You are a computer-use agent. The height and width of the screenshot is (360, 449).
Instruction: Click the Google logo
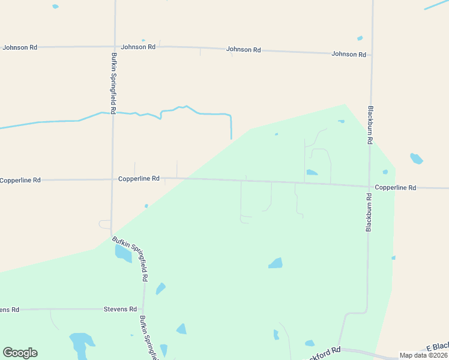coord(20,353)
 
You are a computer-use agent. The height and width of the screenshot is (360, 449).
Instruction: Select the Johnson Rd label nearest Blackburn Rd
coord(349,54)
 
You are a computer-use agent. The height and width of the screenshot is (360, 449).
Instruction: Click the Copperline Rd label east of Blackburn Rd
coord(395,188)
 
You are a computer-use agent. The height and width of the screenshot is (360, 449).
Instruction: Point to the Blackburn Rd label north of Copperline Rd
coord(370,124)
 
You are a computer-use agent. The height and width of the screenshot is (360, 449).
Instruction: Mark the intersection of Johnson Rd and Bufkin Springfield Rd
coord(114,46)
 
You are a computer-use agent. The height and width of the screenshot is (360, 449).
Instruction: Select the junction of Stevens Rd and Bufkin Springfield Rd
coord(143,309)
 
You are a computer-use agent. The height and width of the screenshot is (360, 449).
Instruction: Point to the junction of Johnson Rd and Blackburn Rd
coord(370,55)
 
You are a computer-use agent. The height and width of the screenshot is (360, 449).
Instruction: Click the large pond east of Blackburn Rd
coord(416,159)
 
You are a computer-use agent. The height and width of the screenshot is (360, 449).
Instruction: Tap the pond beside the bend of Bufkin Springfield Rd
coord(123,254)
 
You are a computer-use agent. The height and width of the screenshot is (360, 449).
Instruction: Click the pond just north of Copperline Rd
coord(312,173)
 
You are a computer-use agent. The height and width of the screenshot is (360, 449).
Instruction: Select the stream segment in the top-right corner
coord(436,5)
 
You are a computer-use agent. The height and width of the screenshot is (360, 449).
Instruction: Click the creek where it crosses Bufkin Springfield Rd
coord(113,112)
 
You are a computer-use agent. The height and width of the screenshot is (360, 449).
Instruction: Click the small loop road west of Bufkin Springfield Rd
coord(104,224)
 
